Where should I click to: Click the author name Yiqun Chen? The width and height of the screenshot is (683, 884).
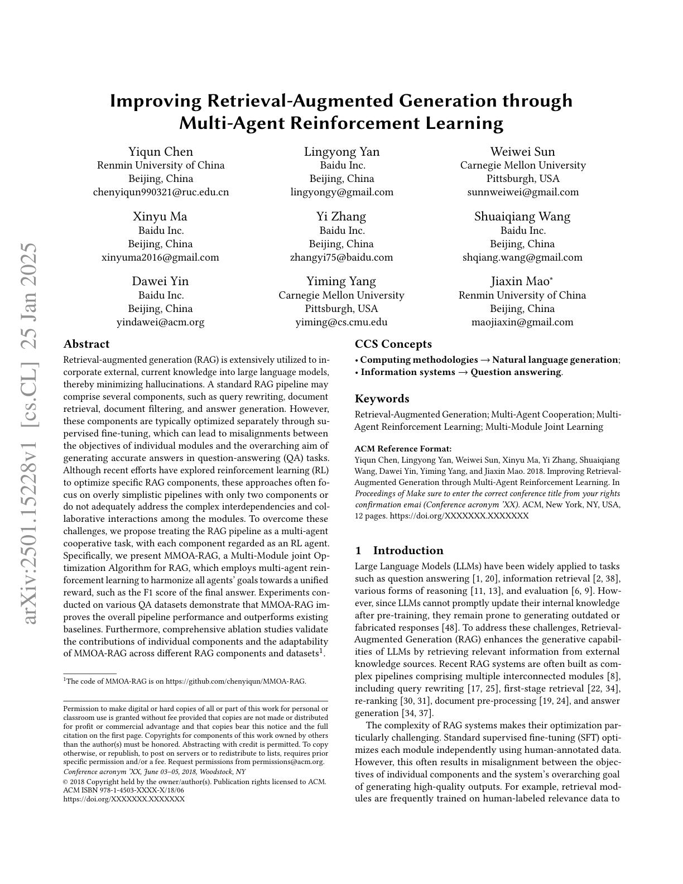point(161,152)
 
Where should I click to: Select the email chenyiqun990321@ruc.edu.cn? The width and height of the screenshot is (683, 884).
point(161,192)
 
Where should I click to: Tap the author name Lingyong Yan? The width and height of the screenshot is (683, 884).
point(341,152)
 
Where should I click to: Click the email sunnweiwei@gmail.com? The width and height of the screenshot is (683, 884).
point(523,192)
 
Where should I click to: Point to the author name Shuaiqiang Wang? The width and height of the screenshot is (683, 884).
point(522,217)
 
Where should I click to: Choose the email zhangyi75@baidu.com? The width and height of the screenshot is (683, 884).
point(341,257)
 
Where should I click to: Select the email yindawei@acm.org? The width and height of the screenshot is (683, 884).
point(160,322)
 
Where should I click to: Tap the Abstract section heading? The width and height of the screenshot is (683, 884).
point(86,344)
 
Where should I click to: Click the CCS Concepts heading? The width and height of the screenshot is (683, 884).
point(393,344)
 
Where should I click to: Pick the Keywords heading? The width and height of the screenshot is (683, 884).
point(382,398)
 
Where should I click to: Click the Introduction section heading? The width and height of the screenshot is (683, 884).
point(408,550)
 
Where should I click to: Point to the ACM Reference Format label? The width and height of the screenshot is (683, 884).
point(403,449)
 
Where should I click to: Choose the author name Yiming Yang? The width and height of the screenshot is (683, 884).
point(341,281)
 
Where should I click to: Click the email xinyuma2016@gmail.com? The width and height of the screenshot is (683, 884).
point(160,257)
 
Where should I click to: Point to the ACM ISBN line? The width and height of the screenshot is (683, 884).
point(123,790)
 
